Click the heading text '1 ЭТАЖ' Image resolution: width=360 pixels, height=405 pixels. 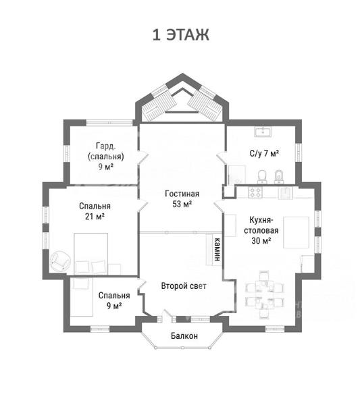pyautogui.click(x=180, y=35)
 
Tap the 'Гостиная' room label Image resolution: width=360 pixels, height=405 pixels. pyautogui.click(x=182, y=194)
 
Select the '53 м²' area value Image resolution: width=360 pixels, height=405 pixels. pyautogui.click(x=182, y=204)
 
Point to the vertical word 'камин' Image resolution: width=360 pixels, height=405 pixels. pyautogui.click(x=217, y=249)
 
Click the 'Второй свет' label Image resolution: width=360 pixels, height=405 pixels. pyautogui.click(x=184, y=286)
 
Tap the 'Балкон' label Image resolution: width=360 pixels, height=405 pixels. pyautogui.click(x=184, y=335)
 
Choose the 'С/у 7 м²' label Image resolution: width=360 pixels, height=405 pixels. pyautogui.click(x=264, y=153)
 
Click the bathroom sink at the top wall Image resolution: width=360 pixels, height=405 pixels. pyautogui.click(x=263, y=132)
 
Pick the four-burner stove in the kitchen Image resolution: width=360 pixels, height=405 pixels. pyautogui.click(x=255, y=192)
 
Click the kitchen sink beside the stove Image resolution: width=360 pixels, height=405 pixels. pyautogui.click(x=285, y=192)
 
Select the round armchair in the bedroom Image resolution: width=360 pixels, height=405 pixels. pyautogui.click(x=61, y=261)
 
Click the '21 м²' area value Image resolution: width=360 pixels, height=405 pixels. pyautogui.click(x=95, y=217)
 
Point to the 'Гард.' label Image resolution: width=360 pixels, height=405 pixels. pyautogui.click(x=105, y=146)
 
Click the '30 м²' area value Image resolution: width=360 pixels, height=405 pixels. pyautogui.click(x=261, y=241)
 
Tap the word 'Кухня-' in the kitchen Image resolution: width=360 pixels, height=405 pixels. pyautogui.click(x=261, y=220)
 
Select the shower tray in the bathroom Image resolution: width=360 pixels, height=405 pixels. pyautogui.click(x=236, y=175)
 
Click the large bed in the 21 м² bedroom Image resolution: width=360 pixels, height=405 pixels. pyautogui.click(x=91, y=254)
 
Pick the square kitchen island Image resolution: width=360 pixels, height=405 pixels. pyautogui.click(x=296, y=232)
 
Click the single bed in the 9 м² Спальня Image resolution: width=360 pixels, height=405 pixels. pyautogui.click(x=82, y=296)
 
